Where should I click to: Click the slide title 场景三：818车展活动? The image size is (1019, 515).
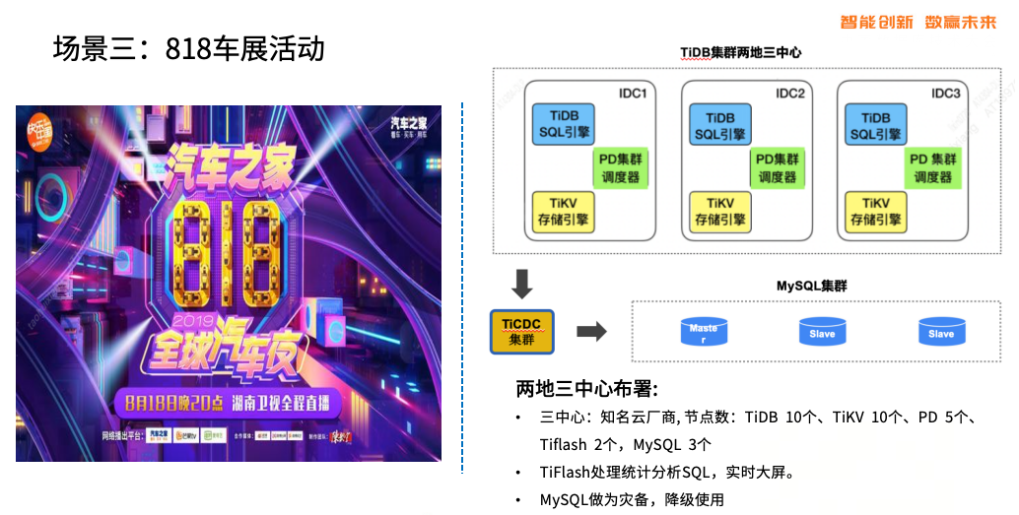click(x=188, y=48)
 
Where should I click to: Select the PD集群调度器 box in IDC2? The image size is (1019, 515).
click(x=777, y=168)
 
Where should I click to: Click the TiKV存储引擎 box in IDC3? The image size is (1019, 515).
click(x=876, y=212)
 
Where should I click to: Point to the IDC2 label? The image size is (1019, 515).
click(x=790, y=94)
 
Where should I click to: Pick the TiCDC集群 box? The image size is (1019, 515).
click(x=521, y=332)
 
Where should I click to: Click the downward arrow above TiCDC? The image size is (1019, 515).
click(x=522, y=284)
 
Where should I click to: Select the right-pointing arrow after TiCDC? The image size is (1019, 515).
click(x=590, y=332)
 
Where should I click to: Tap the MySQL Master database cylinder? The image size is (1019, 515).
click(x=704, y=331)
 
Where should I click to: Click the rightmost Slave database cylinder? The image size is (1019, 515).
click(x=941, y=331)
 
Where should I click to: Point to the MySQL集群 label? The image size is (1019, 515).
click(x=811, y=286)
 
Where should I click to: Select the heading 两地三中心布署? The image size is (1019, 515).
click(x=587, y=386)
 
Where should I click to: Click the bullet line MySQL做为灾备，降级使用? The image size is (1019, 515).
click(x=632, y=499)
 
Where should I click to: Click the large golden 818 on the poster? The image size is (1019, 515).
click(x=228, y=247)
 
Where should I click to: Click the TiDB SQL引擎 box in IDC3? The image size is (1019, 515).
click(x=876, y=125)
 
